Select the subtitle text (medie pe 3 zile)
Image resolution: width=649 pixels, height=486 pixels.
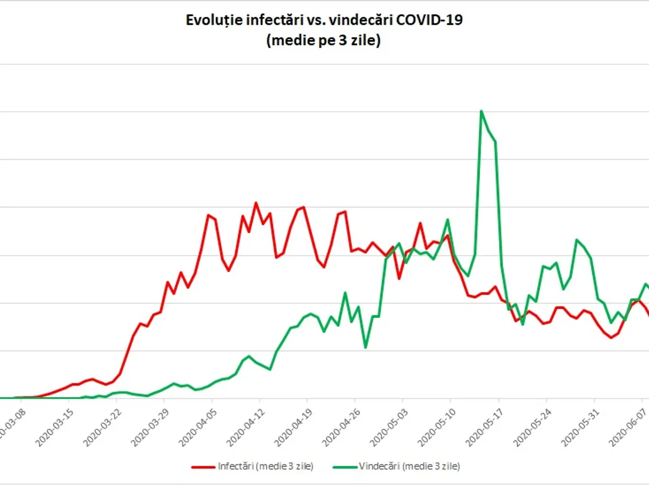coord(323,41)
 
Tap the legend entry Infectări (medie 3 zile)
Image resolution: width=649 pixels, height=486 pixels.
coord(265,465)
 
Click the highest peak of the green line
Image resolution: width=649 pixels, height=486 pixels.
coord(481,111)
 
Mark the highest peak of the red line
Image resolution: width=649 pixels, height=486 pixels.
coord(256,203)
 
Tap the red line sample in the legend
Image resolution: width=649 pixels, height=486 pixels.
coord(203,465)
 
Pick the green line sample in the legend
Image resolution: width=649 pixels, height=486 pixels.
coord(343,465)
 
